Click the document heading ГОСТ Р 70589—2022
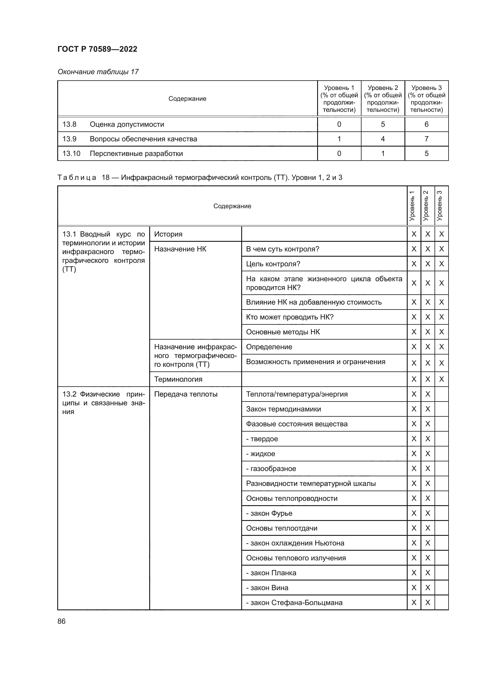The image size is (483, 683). click(97, 49)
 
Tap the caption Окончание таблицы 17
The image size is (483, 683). click(98, 72)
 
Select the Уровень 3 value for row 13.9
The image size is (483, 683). click(426, 139)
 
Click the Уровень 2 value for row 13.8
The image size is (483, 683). click(383, 124)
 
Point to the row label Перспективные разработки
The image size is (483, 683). click(136, 154)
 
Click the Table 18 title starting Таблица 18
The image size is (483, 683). click(199, 178)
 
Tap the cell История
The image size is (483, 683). click(168, 234)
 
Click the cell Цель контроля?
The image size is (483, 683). click(273, 264)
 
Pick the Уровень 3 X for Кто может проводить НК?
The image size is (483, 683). click(441, 317)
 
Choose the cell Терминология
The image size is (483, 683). click(178, 379)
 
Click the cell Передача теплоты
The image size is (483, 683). click(186, 394)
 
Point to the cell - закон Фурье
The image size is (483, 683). click(269, 513)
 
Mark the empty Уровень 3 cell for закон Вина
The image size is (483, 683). click(441, 588)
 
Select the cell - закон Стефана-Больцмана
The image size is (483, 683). click(294, 602)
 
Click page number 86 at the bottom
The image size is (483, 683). click(61, 621)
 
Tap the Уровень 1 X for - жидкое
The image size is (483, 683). click(414, 454)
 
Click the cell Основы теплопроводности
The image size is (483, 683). click(291, 498)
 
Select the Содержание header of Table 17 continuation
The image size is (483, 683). click(187, 99)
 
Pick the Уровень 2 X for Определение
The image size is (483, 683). click(428, 347)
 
